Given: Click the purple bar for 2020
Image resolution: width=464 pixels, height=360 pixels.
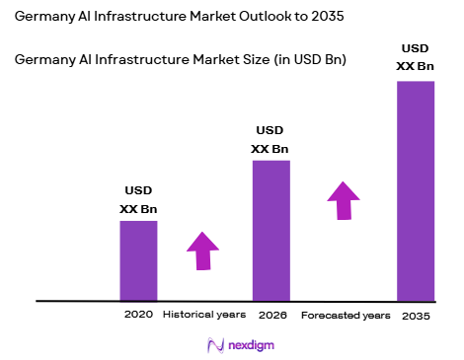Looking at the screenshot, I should (138, 260).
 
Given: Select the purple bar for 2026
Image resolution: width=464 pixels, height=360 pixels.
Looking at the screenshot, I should (271, 230).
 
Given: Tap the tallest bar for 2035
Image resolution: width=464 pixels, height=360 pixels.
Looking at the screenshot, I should (416, 190).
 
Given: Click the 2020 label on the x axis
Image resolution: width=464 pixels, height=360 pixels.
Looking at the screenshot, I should (138, 315).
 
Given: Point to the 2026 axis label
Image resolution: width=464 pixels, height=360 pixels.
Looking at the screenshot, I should (271, 315).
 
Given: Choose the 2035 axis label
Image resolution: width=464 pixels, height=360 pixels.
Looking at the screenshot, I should (416, 316).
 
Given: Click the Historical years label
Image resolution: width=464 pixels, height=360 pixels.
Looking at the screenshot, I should (203, 315).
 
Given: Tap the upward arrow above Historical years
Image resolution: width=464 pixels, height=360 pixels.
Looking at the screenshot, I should (202, 251).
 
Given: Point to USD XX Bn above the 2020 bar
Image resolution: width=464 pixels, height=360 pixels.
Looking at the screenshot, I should (138, 200).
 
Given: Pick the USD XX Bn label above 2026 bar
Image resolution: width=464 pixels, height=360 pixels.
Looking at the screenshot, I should (271, 140).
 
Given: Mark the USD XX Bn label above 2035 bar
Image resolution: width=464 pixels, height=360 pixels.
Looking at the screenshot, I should (416, 57).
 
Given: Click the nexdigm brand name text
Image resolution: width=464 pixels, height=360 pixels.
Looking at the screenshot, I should (246, 345).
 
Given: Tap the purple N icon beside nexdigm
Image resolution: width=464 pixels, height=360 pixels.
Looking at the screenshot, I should (213, 345).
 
